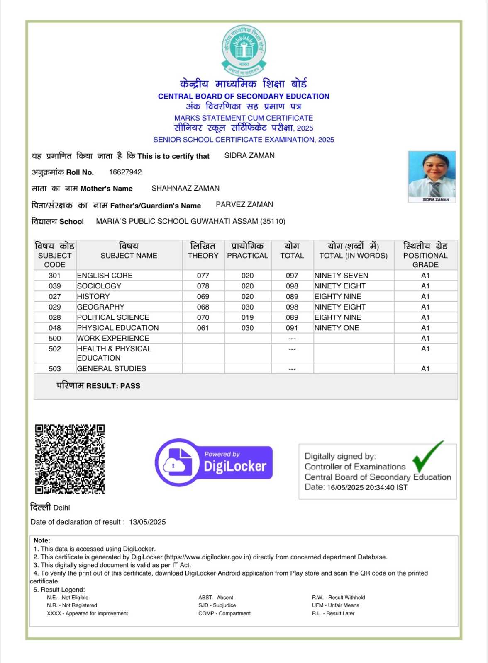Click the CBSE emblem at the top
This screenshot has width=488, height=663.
244,51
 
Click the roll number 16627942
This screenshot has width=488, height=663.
125,172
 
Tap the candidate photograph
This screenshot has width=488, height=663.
432,177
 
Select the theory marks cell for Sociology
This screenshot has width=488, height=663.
203,286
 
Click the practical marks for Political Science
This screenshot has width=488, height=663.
247,317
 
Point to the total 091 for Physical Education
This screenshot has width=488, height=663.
292,328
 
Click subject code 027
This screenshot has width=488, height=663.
55,296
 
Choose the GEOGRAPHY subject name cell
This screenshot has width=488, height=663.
101,307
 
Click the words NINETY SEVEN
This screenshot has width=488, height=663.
341,276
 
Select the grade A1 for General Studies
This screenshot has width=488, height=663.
425,369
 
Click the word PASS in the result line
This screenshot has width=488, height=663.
130,386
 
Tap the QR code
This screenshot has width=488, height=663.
70,459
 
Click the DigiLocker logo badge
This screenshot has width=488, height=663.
214,462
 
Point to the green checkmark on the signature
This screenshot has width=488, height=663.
427,456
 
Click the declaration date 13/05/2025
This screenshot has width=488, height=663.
147,522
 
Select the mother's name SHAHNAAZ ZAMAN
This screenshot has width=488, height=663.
185,188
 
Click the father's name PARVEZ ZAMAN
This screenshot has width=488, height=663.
244,204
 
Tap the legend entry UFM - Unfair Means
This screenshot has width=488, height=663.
335,605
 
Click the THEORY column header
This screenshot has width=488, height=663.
203,255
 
